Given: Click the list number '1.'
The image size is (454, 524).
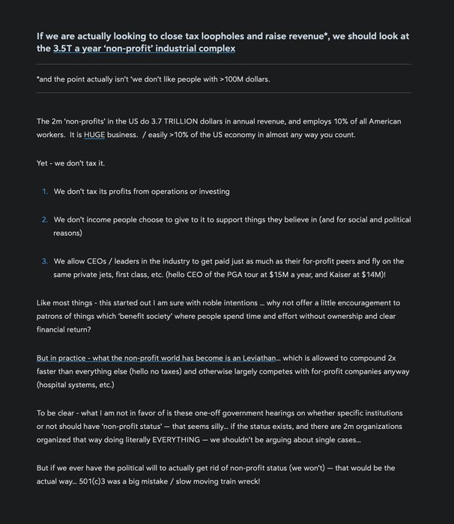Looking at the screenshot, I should coord(45,192).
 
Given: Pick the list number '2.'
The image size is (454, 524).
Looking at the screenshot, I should coord(45,219).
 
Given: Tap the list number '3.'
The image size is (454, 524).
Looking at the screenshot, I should coord(45,261).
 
